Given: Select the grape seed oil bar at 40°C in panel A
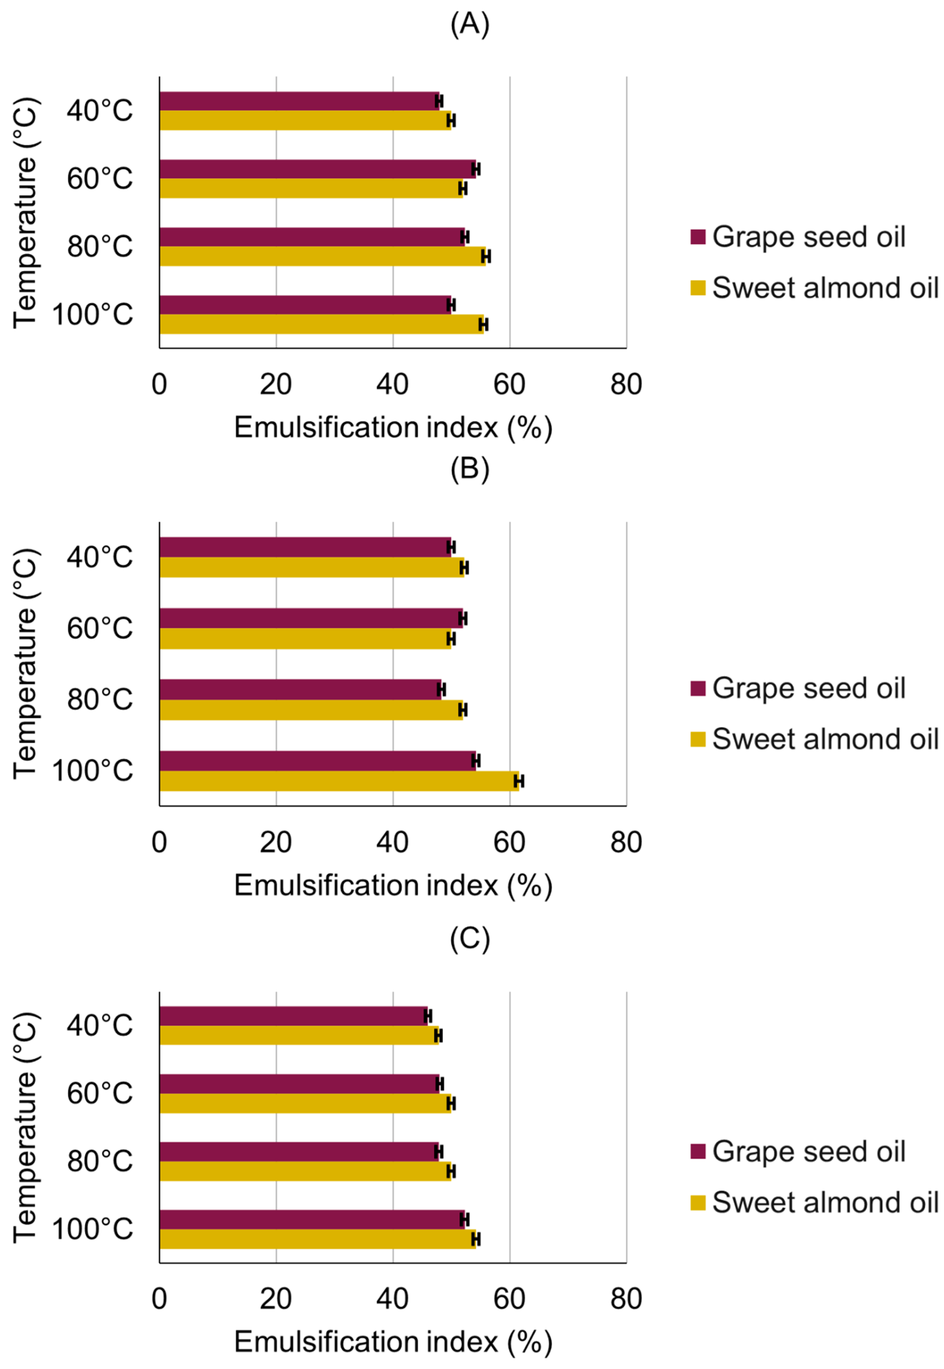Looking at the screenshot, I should tap(299, 101).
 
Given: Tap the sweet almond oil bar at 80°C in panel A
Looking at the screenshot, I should tap(322, 256).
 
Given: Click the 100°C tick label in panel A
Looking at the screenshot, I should tap(93, 314).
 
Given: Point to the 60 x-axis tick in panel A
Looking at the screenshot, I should tap(509, 385).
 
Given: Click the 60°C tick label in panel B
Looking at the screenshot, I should tap(99, 628).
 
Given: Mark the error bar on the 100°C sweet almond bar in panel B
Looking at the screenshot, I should tap(519, 781).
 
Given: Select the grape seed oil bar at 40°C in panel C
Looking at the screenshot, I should tap(293, 1016).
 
